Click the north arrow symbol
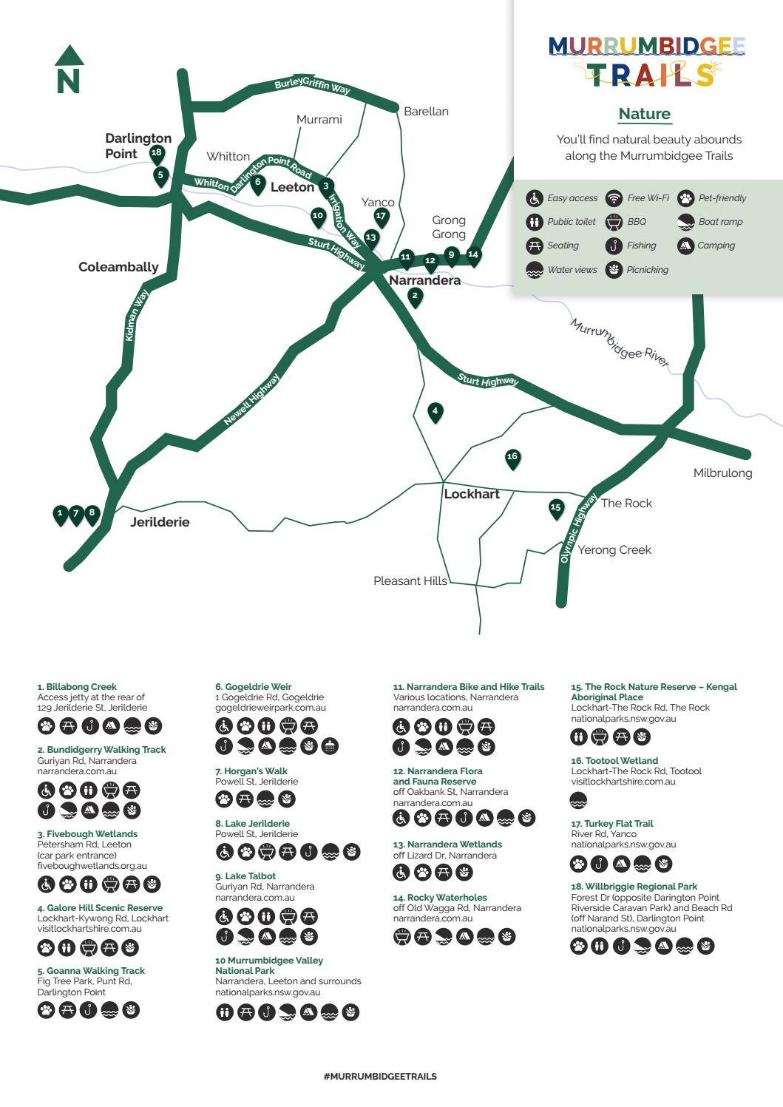point(69,70)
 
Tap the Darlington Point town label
point(138,146)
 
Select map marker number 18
point(156,154)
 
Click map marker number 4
point(435,412)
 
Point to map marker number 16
point(512,458)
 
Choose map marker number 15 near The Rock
point(556,508)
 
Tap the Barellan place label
point(426,112)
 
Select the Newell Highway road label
point(252,399)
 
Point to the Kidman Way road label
point(137,315)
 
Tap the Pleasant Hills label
point(410,581)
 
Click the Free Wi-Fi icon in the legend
point(613,198)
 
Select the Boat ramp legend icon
point(685,222)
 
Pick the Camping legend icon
point(685,246)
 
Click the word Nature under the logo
point(644,114)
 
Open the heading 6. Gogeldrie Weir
point(253,687)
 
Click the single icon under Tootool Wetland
point(578,800)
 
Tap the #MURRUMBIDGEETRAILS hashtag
point(380,1077)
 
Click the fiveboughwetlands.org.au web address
point(92,866)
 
